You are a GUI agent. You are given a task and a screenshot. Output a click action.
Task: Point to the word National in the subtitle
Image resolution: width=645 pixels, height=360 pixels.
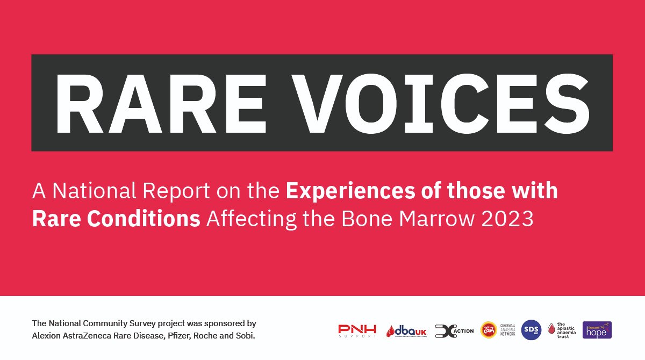coord(92,191)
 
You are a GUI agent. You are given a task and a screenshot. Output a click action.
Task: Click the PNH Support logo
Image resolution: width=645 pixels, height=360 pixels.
coord(357,330)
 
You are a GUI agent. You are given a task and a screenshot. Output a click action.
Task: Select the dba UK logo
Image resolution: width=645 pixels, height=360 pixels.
coord(406,331)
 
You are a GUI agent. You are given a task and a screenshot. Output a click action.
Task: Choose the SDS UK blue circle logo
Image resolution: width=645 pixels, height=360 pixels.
coord(531,330)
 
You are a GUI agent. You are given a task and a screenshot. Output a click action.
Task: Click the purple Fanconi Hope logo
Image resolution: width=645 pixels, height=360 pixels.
coord(597,330)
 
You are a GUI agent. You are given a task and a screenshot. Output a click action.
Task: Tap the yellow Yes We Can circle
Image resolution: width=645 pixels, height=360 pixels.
coord(488,330)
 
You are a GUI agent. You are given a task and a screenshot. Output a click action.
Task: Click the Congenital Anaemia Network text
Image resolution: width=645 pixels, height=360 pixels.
coord(508,330)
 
